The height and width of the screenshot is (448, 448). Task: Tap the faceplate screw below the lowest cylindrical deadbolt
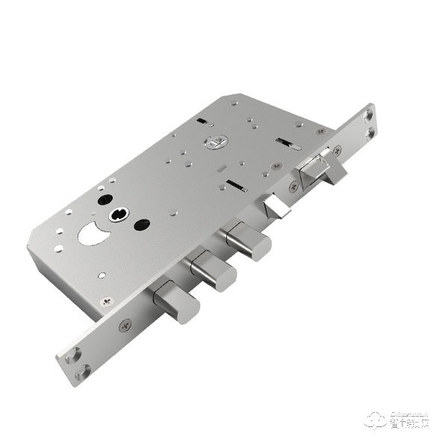tap(123, 326)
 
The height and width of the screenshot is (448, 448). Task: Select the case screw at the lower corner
tap(104, 302)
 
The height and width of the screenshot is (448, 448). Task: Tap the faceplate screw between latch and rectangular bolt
tap(293, 187)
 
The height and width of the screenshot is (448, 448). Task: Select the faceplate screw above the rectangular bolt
tap(337, 150)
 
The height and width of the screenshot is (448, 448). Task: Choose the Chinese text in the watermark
tap(409, 423)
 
